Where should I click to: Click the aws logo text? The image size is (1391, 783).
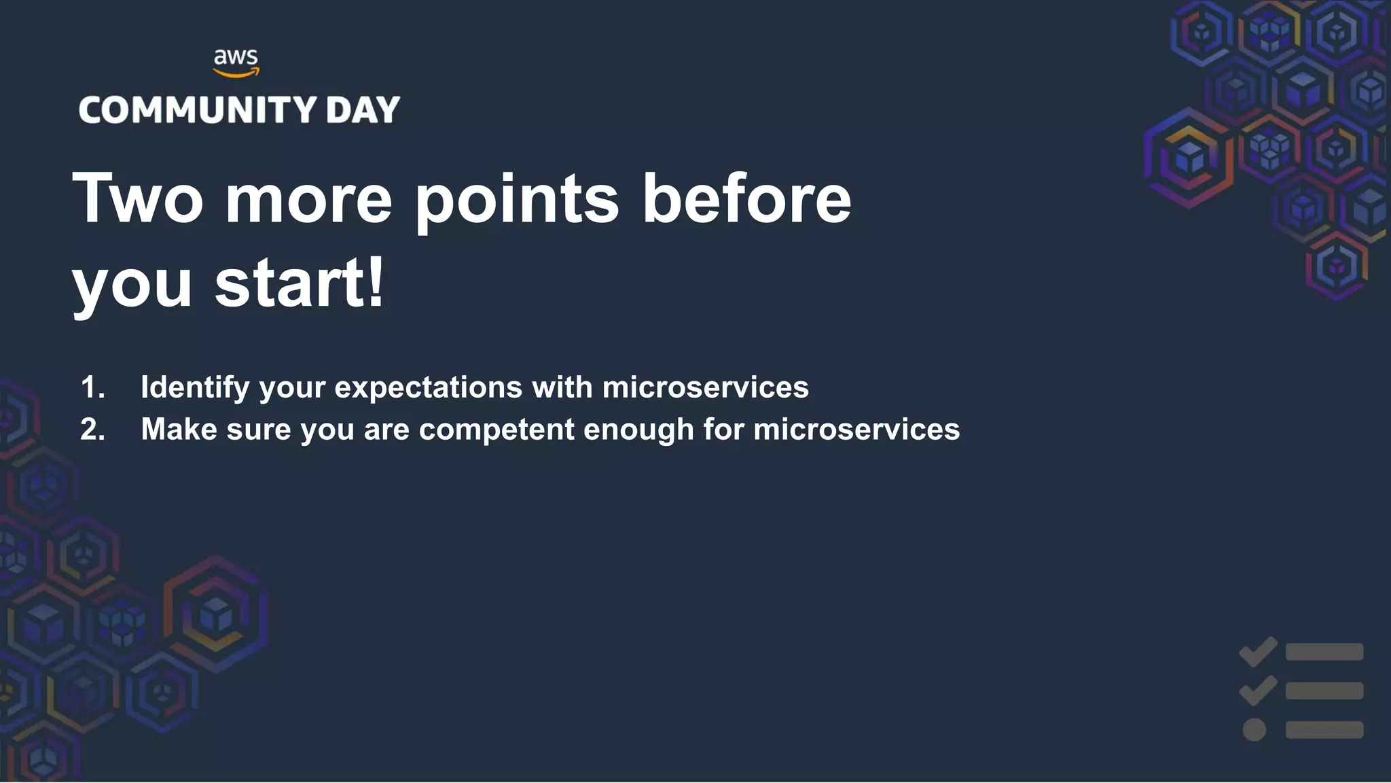[236, 57]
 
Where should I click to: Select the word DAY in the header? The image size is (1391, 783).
[363, 110]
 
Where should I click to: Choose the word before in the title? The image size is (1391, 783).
[746, 198]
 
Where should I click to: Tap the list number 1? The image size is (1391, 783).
[92, 387]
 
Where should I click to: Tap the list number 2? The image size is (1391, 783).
[92, 430]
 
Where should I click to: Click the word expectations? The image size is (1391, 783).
[429, 387]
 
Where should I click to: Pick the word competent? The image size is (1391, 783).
[496, 430]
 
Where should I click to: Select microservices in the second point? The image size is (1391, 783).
[856, 430]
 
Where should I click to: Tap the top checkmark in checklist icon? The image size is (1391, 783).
[1259, 651]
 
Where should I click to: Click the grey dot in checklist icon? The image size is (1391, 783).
[1254, 730]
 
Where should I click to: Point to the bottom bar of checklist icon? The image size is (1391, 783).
[1324, 730]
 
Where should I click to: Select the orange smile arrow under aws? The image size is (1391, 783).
[236, 72]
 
